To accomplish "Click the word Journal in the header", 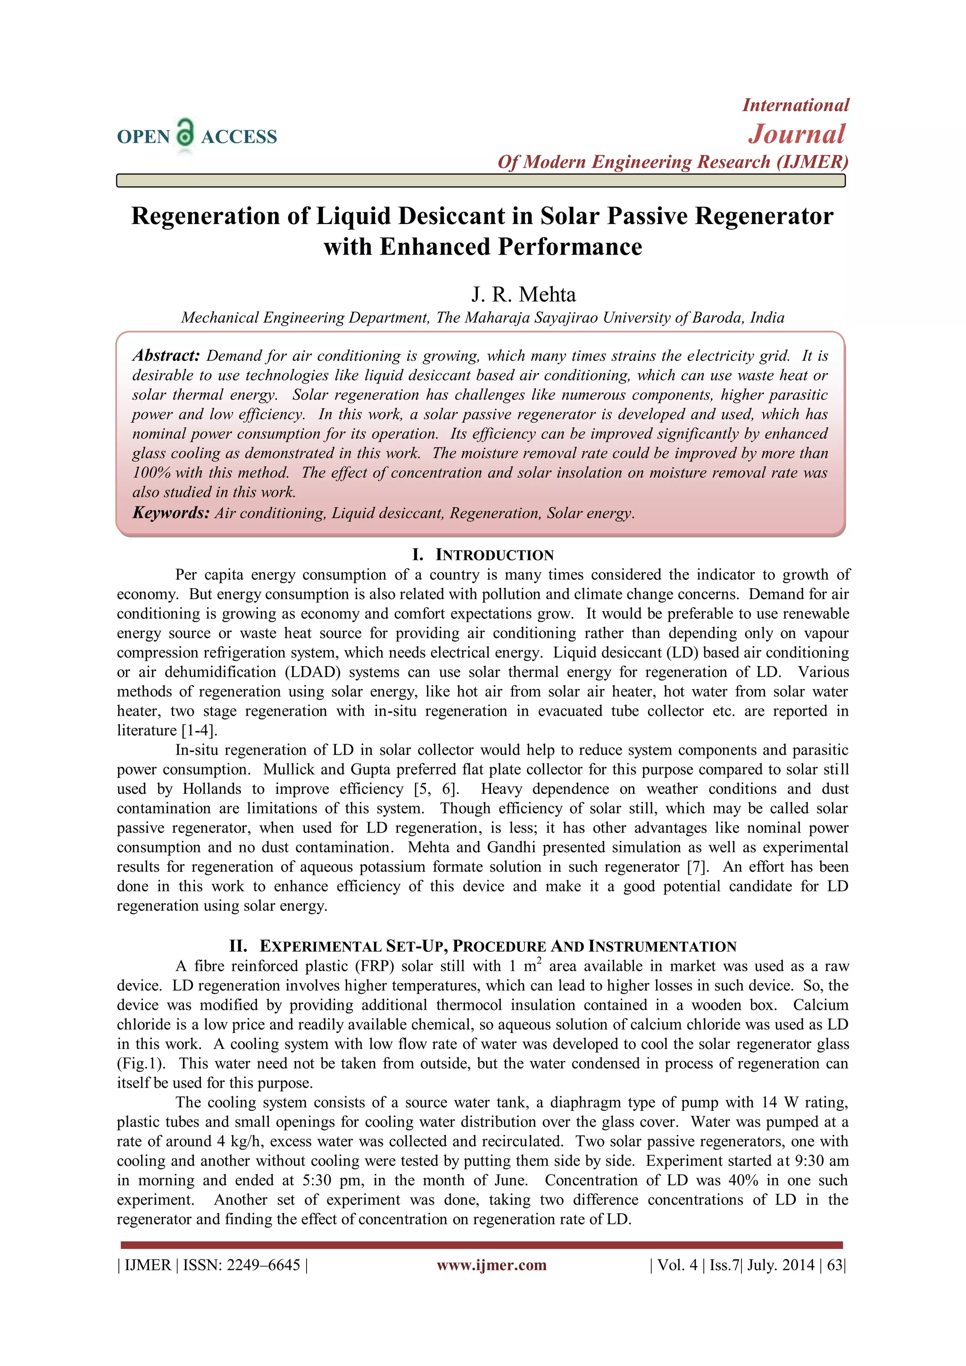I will click(x=797, y=134).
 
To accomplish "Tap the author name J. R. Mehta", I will click(x=524, y=294).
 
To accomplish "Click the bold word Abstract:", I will click(x=166, y=356).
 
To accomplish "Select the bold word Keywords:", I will click(x=171, y=513).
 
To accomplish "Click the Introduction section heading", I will click(x=483, y=555).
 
